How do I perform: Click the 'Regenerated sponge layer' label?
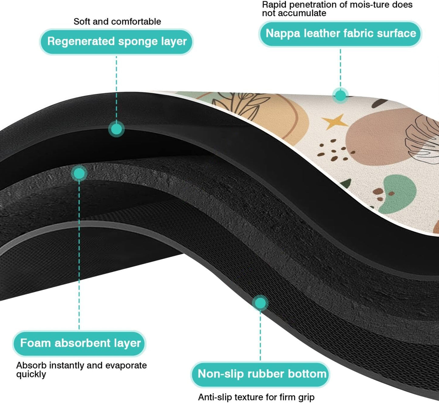click(x=117, y=42)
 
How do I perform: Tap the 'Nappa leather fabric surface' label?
click(x=341, y=33)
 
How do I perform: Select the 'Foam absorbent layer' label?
click(x=80, y=343)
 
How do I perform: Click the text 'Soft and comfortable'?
click(x=117, y=22)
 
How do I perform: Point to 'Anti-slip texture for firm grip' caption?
click(x=256, y=397)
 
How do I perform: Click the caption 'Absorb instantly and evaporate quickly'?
click(x=81, y=369)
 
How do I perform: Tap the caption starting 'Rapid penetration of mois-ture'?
click(x=337, y=9)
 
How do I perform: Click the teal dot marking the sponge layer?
click(x=116, y=129)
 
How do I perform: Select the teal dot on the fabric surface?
click(x=340, y=95)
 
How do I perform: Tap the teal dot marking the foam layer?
click(x=79, y=173)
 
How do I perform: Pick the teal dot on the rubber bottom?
click(x=260, y=303)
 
